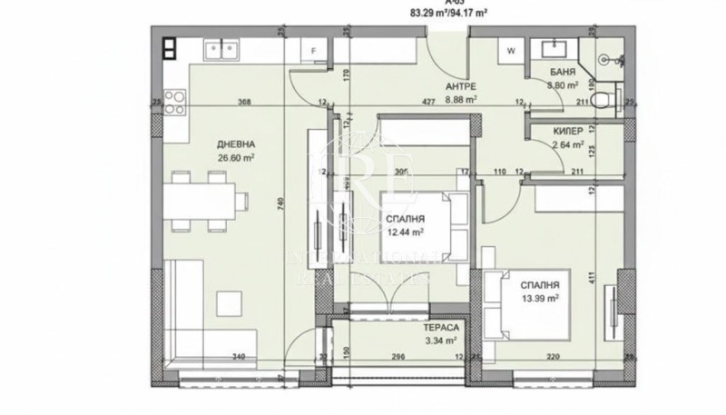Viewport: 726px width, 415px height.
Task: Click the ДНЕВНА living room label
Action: tap(236, 144)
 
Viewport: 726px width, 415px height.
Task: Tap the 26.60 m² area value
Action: tap(236, 157)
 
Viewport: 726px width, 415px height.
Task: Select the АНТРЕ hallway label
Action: tap(460, 87)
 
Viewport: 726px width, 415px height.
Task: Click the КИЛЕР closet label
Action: tap(568, 131)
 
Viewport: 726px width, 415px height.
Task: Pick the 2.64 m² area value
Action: tap(568, 143)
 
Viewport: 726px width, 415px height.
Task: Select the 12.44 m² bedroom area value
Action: tap(407, 232)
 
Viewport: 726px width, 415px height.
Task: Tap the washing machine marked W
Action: tap(511, 51)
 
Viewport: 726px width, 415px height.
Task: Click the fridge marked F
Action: tap(314, 51)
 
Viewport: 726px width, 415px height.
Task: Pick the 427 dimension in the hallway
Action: tap(427, 102)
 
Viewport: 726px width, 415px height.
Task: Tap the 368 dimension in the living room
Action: tap(244, 102)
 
